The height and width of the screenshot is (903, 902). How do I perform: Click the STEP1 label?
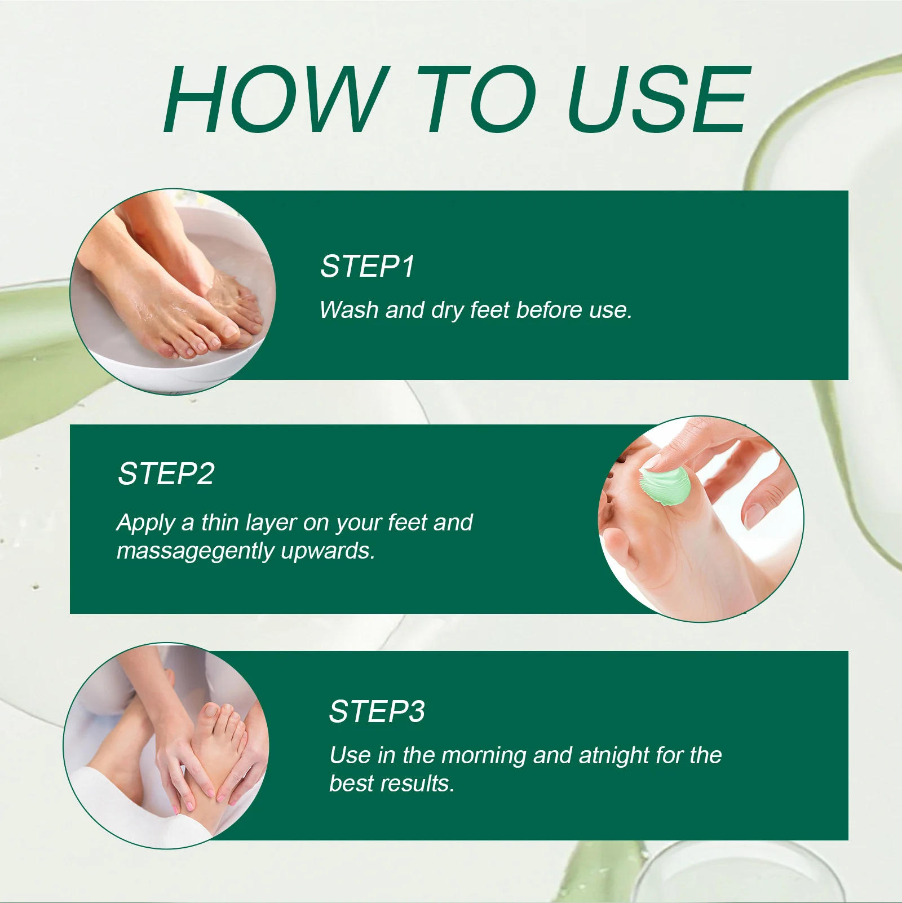tap(368, 266)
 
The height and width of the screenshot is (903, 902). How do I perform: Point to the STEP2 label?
tap(166, 473)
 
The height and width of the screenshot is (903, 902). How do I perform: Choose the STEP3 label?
tap(377, 711)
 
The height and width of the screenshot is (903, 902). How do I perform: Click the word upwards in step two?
tap(328, 551)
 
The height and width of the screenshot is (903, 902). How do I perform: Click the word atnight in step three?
tap(613, 755)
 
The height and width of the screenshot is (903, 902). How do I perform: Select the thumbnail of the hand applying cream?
tap(701, 519)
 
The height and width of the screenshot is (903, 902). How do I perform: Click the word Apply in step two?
tap(145, 523)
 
